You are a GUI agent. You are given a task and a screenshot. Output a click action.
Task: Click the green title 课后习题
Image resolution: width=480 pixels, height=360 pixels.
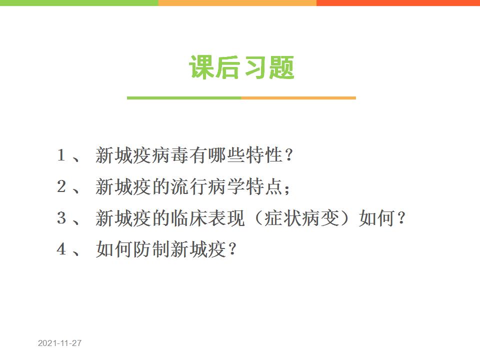pos(241,67)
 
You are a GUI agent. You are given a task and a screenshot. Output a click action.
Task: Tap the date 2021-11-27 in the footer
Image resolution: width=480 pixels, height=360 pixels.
pos(59,343)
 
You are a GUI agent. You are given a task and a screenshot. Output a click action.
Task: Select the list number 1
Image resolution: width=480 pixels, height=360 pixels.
pos(61,154)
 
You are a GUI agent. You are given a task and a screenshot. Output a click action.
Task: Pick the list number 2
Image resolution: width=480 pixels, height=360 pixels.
pos(61,186)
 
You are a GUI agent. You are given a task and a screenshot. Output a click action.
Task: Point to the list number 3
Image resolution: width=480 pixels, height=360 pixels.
pos(61,217)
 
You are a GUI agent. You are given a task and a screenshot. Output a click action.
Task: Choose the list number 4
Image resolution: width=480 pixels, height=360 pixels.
pos(61,249)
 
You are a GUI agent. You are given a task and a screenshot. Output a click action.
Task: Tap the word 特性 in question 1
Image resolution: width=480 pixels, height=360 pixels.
pos(264,155)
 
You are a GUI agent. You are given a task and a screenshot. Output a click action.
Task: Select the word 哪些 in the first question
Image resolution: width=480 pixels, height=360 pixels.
pos(226,155)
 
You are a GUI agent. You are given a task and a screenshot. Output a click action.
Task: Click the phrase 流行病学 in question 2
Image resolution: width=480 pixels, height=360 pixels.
pos(208,186)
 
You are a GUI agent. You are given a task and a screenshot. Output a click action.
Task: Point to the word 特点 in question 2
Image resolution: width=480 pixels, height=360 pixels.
pos(264,186)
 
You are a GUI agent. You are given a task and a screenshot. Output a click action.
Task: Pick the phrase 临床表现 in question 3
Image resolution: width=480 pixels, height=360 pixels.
pos(208,218)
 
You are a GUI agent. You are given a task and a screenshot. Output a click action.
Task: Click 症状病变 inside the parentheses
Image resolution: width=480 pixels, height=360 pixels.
pos(301,218)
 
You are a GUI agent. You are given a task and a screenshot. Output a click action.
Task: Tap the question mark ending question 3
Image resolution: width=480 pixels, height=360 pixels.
pos(401,218)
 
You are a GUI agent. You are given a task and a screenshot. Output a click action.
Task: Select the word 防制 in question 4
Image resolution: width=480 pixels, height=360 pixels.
pos(152,249)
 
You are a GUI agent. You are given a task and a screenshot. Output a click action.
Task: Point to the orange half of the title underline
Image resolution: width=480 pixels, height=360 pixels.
pos(298,98)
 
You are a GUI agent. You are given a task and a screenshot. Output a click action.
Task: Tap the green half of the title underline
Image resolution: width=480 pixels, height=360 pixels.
pos(184,98)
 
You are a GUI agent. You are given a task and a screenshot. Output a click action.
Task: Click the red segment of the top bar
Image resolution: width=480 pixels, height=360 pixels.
pos(398,3)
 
